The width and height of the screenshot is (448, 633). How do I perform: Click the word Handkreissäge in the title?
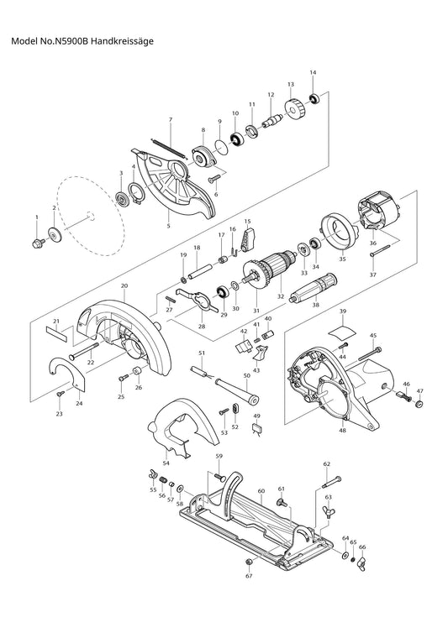pyautogui.click(x=122, y=41)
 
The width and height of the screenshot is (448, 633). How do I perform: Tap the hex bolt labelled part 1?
pyautogui.click(x=38, y=243)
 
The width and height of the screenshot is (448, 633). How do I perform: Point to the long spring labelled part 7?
pyautogui.click(x=169, y=149)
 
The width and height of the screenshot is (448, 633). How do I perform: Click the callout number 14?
pyautogui.click(x=313, y=73)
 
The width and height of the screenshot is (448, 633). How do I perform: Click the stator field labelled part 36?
pyautogui.click(x=377, y=214)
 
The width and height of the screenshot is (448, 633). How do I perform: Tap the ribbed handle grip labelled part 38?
pyautogui.click(x=313, y=287)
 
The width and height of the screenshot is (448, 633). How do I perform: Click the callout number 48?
pyautogui.click(x=342, y=431)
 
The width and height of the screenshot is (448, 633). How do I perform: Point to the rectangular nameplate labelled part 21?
pyautogui.click(x=57, y=334)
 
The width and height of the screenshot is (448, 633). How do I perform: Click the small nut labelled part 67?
pyautogui.click(x=249, y=562)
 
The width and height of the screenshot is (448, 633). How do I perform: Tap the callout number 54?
pyautogui.click(x=166, y=463)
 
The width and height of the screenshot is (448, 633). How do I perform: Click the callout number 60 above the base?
pyautogui.click(x=261, y=491)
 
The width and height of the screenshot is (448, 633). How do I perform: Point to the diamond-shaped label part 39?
pyautogui.click(x=342, y=330)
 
